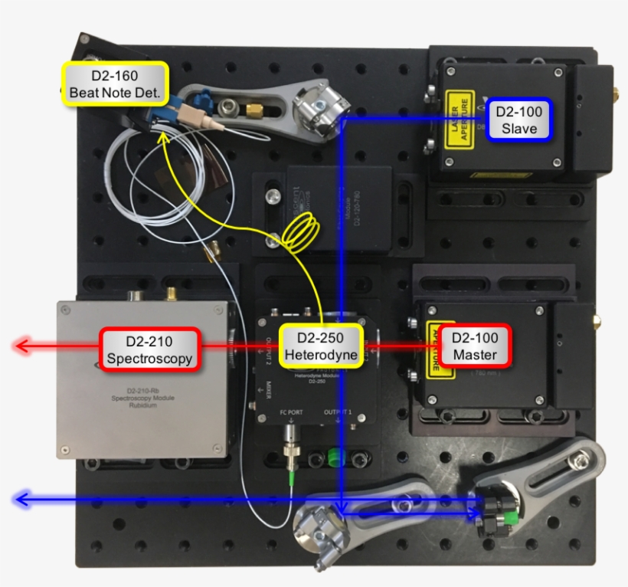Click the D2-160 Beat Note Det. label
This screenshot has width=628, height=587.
[115, 84]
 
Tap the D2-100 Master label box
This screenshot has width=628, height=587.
[474, 346]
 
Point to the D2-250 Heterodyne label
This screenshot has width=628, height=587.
[320, 346]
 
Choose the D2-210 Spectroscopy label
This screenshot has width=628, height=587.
[150, 349]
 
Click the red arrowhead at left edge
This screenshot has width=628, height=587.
[23, 347]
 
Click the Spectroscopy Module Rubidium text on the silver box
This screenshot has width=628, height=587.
[145, 399]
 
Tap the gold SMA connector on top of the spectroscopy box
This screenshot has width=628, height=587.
[173, 293]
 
